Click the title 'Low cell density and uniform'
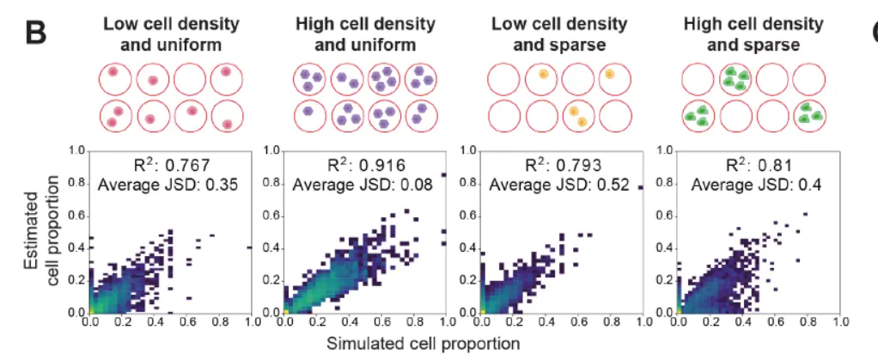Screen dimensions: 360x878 click(x=161, y=33)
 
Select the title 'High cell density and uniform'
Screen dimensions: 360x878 click(x=355, y=33)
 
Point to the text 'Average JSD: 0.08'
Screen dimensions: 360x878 click(x=355, y=183)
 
